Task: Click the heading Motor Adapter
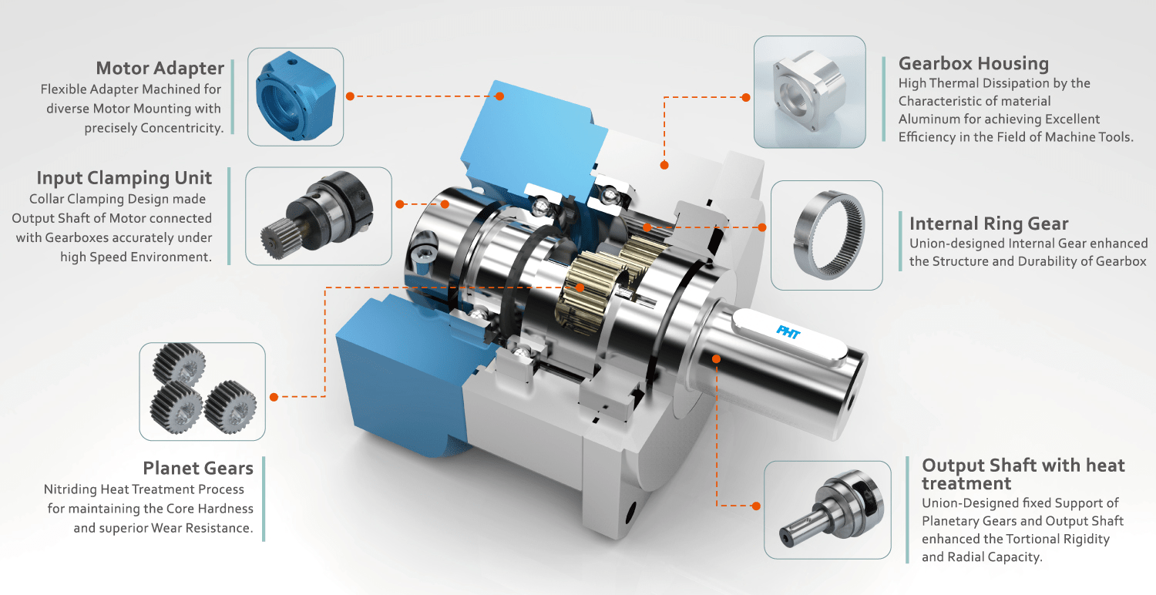point(160,68)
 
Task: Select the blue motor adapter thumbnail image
point(295,96)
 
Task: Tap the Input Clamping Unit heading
point(124,177)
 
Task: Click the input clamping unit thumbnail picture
point(318,216)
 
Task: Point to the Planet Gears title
point(198,468)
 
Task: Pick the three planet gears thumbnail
point(202,392)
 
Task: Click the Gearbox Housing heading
point(974,63)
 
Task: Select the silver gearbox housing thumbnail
point(810,92)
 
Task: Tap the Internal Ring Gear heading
point(989,224)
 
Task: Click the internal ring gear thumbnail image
point(827,235)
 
